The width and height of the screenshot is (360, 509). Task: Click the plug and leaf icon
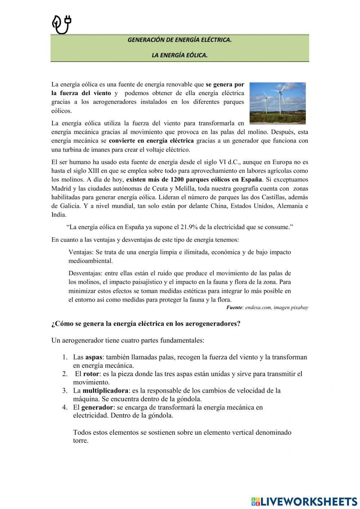[x=62, y=25]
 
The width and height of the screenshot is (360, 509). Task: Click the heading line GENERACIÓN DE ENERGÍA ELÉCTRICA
[x=179, y=40]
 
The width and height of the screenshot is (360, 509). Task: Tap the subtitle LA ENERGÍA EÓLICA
[x=179, y=55]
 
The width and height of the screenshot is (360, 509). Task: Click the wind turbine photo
[x=277, y=103]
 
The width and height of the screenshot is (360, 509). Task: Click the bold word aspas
[x=94, y=357]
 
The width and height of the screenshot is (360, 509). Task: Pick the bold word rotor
[x=91, y=374]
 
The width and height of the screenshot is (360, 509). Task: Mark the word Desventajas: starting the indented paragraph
[x=86, y=273]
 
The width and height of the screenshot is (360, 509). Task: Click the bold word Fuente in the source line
[x=234, y=308]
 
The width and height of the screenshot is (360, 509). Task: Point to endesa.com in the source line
[x=258, y=308]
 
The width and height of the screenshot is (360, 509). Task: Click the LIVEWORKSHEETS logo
[x=304, y=501]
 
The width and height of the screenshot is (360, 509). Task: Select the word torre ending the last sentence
[x=80, y=441]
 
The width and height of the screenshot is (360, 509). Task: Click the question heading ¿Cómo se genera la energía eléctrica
[x=146, y=323]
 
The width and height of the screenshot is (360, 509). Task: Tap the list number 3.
[x=65, y=391]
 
